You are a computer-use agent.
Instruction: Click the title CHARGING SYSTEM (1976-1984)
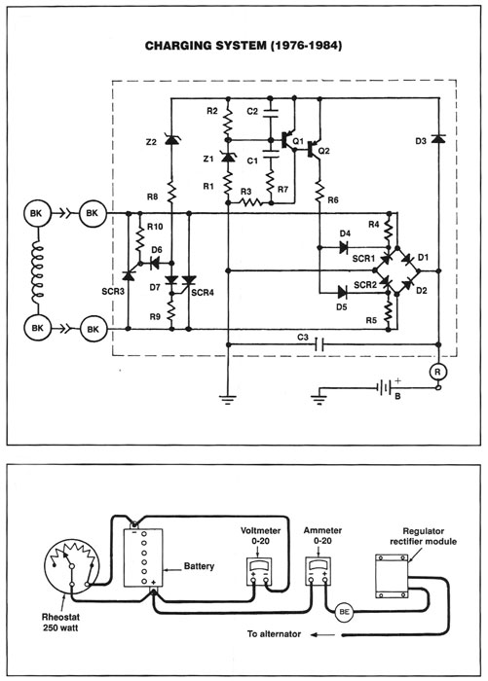coord(244,46)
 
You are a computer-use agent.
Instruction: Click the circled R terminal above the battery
coord(437,373)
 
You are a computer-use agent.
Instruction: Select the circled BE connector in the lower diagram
coord(344,612)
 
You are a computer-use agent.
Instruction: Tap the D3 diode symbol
coord(438,139)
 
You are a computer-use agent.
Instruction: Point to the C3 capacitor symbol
coord(319,344)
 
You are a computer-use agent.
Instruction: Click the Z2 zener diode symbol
coord(171,139)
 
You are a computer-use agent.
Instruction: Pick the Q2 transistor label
coord(324,151)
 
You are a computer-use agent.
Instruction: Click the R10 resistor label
coord(155,227)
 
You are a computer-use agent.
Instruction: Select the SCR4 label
coord(203,293)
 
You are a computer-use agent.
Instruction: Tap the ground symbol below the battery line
coord(319,400)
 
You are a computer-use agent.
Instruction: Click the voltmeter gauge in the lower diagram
coord(259,571)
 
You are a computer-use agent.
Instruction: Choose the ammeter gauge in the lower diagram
coord(318,571)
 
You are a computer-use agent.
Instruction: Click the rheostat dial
coord(72,565)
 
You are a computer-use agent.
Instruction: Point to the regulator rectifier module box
coord(392,576)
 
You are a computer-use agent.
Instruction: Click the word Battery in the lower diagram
coord(200,566)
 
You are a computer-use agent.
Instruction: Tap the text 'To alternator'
coord(274,633)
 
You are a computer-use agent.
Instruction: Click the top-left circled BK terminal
coord(37,213)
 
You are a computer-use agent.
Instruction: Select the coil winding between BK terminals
coord(38,272)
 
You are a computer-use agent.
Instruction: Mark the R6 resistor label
coord(333,199)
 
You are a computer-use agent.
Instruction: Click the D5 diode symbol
coord(342,292)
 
